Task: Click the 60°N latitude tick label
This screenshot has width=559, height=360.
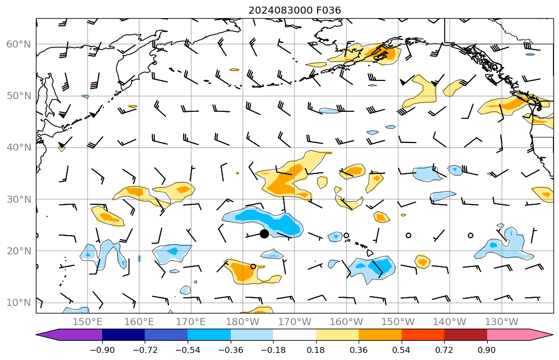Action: [x=18, y=44]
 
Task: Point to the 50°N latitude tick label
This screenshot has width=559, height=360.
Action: [x=18, y=96]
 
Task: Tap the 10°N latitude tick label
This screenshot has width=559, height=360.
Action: [x=18, y=303]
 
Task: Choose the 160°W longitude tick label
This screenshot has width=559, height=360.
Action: [x=346, y=322]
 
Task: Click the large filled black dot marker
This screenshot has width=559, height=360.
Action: [x=264, y=234]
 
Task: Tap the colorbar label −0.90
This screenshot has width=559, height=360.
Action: [x=102, y=350]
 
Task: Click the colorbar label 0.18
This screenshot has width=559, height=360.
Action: [x=316, y=350]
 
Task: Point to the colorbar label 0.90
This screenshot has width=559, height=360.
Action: [x=487, y=350]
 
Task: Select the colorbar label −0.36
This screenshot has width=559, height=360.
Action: [x=230, y=350]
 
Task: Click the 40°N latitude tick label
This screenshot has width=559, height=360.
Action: [x=18, y=148]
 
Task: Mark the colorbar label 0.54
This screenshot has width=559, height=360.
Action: [x=401, y=350]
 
